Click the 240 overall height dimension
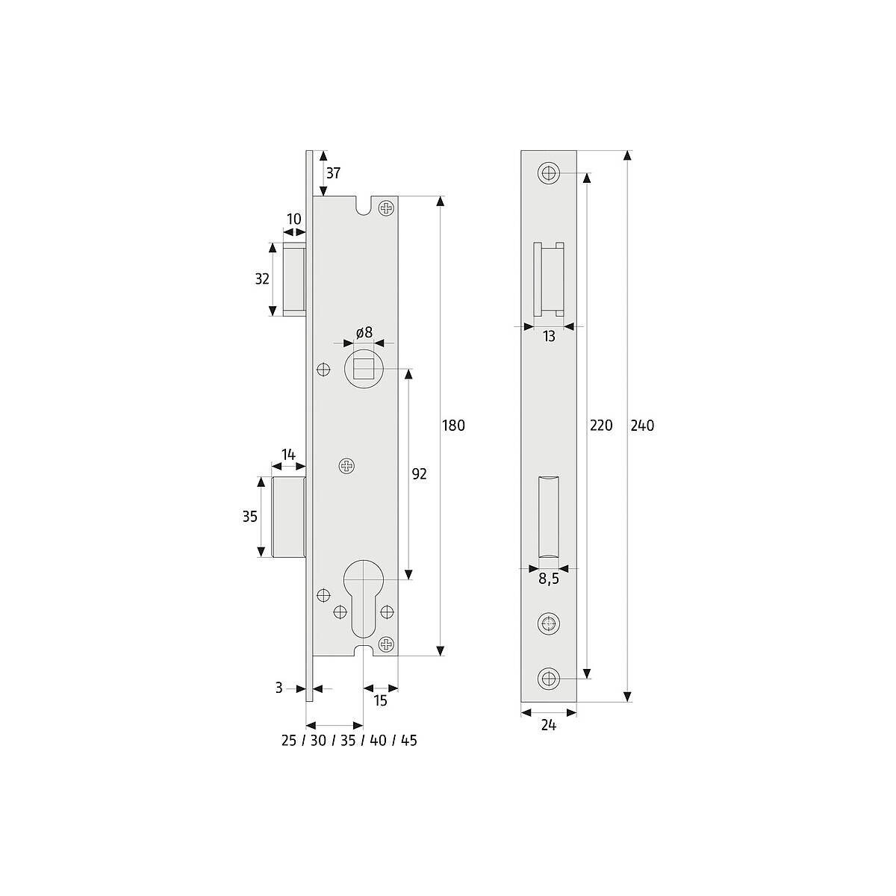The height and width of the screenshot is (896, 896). coord(641,426)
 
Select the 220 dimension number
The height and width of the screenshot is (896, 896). coord(601,426)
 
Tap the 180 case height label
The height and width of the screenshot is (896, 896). coord(453,426)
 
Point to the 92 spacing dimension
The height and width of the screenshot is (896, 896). coord(419,474)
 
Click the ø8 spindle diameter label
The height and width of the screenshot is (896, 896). coord(364,332)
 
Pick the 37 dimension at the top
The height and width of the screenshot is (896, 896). coord(333,173)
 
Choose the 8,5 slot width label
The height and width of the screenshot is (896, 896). coord(549,579)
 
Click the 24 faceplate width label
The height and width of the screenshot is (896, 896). coord(549,725)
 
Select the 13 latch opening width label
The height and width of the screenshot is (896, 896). coord(549,336)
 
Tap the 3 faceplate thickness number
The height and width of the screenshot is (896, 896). coord(279,688)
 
